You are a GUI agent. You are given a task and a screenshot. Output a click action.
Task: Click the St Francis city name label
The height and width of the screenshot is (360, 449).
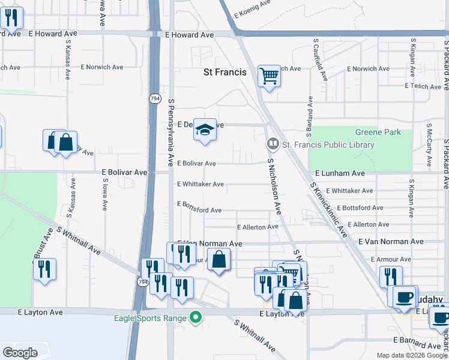click(x=224, y=72)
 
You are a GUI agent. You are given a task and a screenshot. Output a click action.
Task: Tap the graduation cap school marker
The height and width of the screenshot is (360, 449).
click(x=205, y=130)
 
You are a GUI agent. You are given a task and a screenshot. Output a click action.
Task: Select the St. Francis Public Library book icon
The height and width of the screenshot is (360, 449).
click(x=273, y=144)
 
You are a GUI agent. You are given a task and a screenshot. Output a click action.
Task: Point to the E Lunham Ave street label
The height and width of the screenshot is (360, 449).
click(x=339, y=173)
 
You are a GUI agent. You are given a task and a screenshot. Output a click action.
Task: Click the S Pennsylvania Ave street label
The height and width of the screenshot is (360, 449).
click(x=171, y=133)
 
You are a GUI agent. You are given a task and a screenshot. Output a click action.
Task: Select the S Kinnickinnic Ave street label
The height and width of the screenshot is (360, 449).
click(x=327, y=210)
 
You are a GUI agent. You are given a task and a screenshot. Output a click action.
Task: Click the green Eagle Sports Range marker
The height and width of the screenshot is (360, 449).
click(x=195, y=317)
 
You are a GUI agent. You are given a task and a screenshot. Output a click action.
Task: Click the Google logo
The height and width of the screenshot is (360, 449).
click(x=20, y=352)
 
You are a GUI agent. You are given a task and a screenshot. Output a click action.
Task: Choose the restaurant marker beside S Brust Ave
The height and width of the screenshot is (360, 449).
click(x=44, y=269)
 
